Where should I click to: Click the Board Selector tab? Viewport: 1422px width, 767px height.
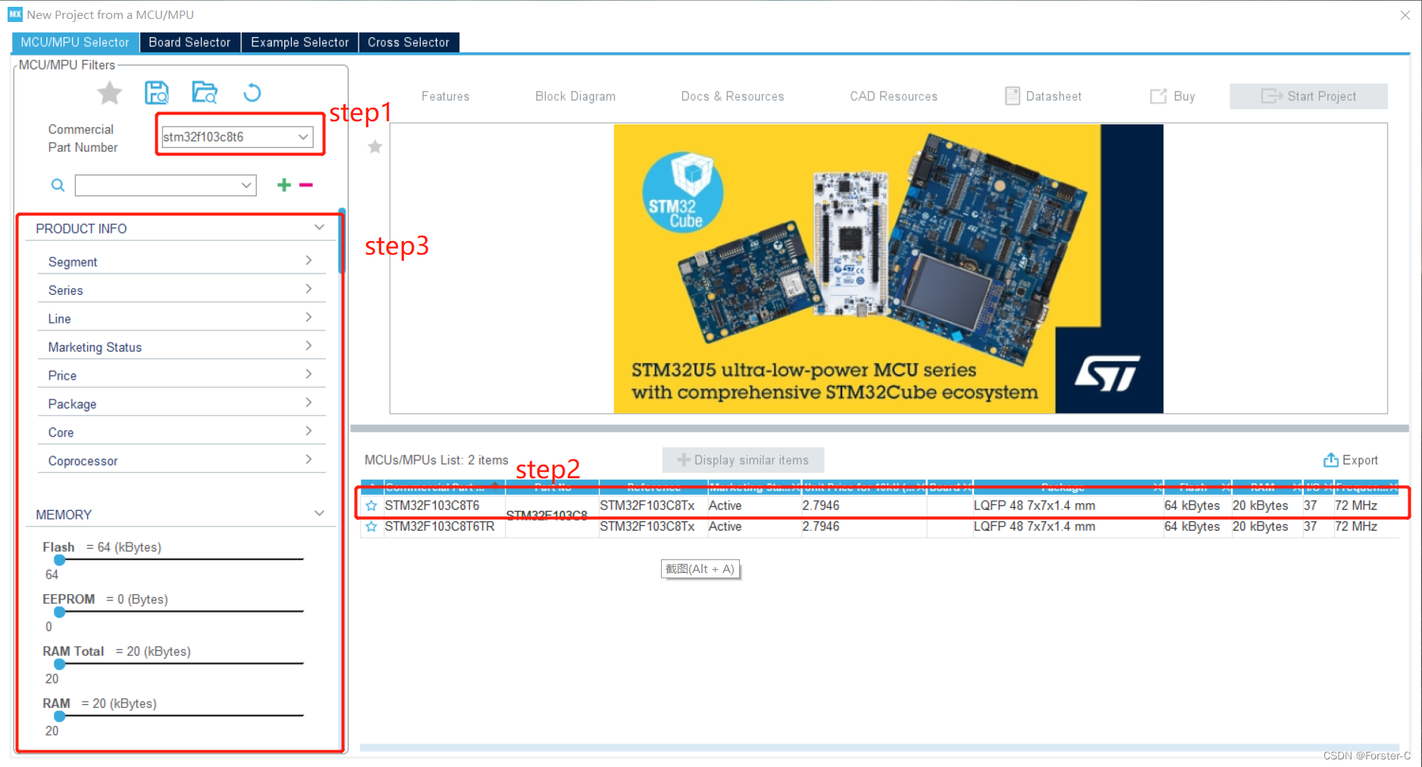tap(189, 42)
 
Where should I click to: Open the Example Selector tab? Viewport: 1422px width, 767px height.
tap(299, 42)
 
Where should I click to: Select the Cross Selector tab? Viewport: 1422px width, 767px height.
tap(409, 42)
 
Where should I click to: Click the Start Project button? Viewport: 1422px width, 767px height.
tap(1308, 96)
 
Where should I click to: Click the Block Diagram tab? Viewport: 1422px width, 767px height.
tap(575, 96)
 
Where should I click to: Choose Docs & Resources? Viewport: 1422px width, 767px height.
tap(732, 96)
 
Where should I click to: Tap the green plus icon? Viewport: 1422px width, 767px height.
tap(284, 185)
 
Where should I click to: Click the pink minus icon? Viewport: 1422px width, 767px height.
tap(306, 185)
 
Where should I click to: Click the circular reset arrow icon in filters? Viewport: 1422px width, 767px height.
tap(252, 93)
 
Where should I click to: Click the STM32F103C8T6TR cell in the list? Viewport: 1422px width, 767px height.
tap(440, 527)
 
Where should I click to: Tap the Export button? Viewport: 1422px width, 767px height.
tap(1351, 460)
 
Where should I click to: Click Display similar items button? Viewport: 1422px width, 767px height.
tap(743, 460)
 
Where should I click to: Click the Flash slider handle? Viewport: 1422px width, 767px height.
tap(60, 560)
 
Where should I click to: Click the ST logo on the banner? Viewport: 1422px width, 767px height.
tap(1107, 373)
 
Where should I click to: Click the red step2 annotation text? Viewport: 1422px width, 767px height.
tap(547, 469)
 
